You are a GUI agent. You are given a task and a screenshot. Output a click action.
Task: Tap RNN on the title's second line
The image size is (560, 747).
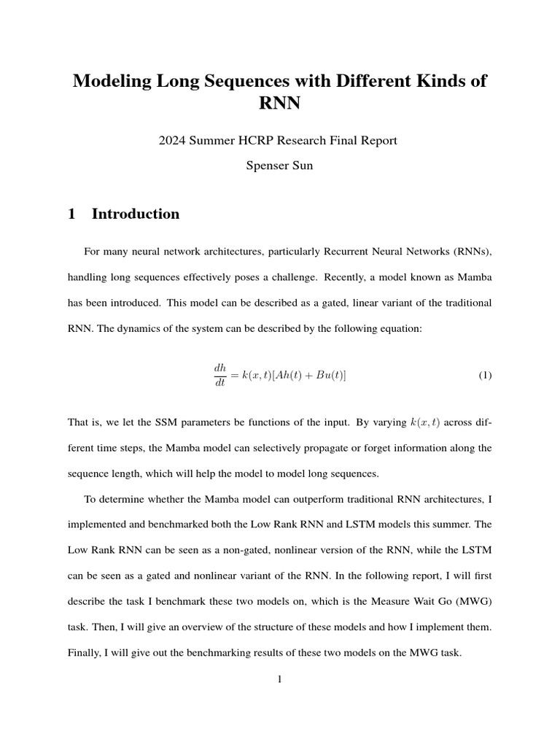coord(280,104)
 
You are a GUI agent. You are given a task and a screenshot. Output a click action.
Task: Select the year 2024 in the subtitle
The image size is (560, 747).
coord(174,141)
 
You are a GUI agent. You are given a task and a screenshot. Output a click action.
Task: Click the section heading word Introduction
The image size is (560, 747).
coord(136,214)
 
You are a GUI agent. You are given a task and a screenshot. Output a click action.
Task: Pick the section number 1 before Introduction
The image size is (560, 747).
coord(71,214)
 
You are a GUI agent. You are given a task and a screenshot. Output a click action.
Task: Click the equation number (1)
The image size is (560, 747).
coord(485,375)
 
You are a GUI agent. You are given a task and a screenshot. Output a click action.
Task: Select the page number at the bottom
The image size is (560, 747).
coord(280,679)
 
